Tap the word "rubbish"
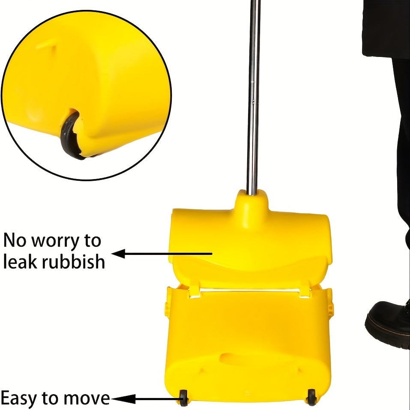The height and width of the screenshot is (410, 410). tap(73, 261)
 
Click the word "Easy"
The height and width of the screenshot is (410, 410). tap(19, 398)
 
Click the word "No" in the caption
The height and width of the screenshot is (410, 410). tap(15, 240)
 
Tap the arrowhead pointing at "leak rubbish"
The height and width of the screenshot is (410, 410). tap(118, 254)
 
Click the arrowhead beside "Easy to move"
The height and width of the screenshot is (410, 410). tap(123, 399)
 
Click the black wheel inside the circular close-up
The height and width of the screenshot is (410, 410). tap(71, 136)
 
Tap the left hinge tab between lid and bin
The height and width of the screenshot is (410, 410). tap(194, 292)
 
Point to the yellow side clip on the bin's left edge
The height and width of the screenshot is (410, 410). tap(167, 309)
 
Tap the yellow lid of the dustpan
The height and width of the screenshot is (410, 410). tap(250, 246)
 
